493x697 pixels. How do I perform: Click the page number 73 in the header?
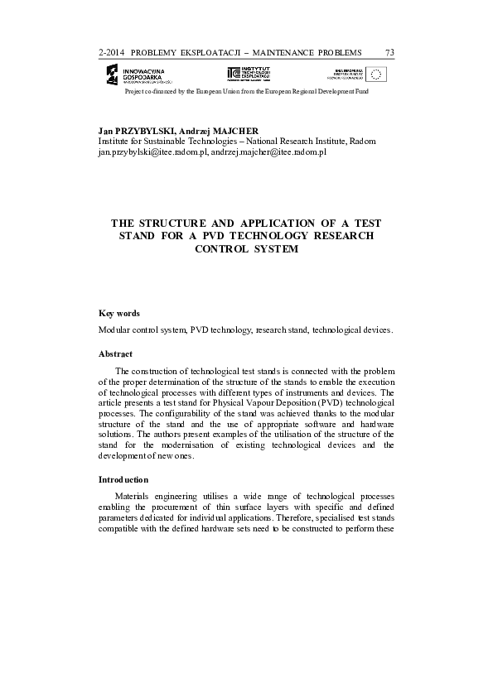(x=389, y=53)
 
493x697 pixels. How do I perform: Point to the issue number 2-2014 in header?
(x=111, y=53)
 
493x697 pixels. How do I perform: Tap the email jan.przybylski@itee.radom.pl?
(x=152, y=152)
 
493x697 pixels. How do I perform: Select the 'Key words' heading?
(x=119, y=313)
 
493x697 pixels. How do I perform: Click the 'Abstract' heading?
(x=116, y=353)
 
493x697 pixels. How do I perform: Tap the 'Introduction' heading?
(x=123, y=479)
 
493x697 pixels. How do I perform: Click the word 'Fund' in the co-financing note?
(x=360, y=91)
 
